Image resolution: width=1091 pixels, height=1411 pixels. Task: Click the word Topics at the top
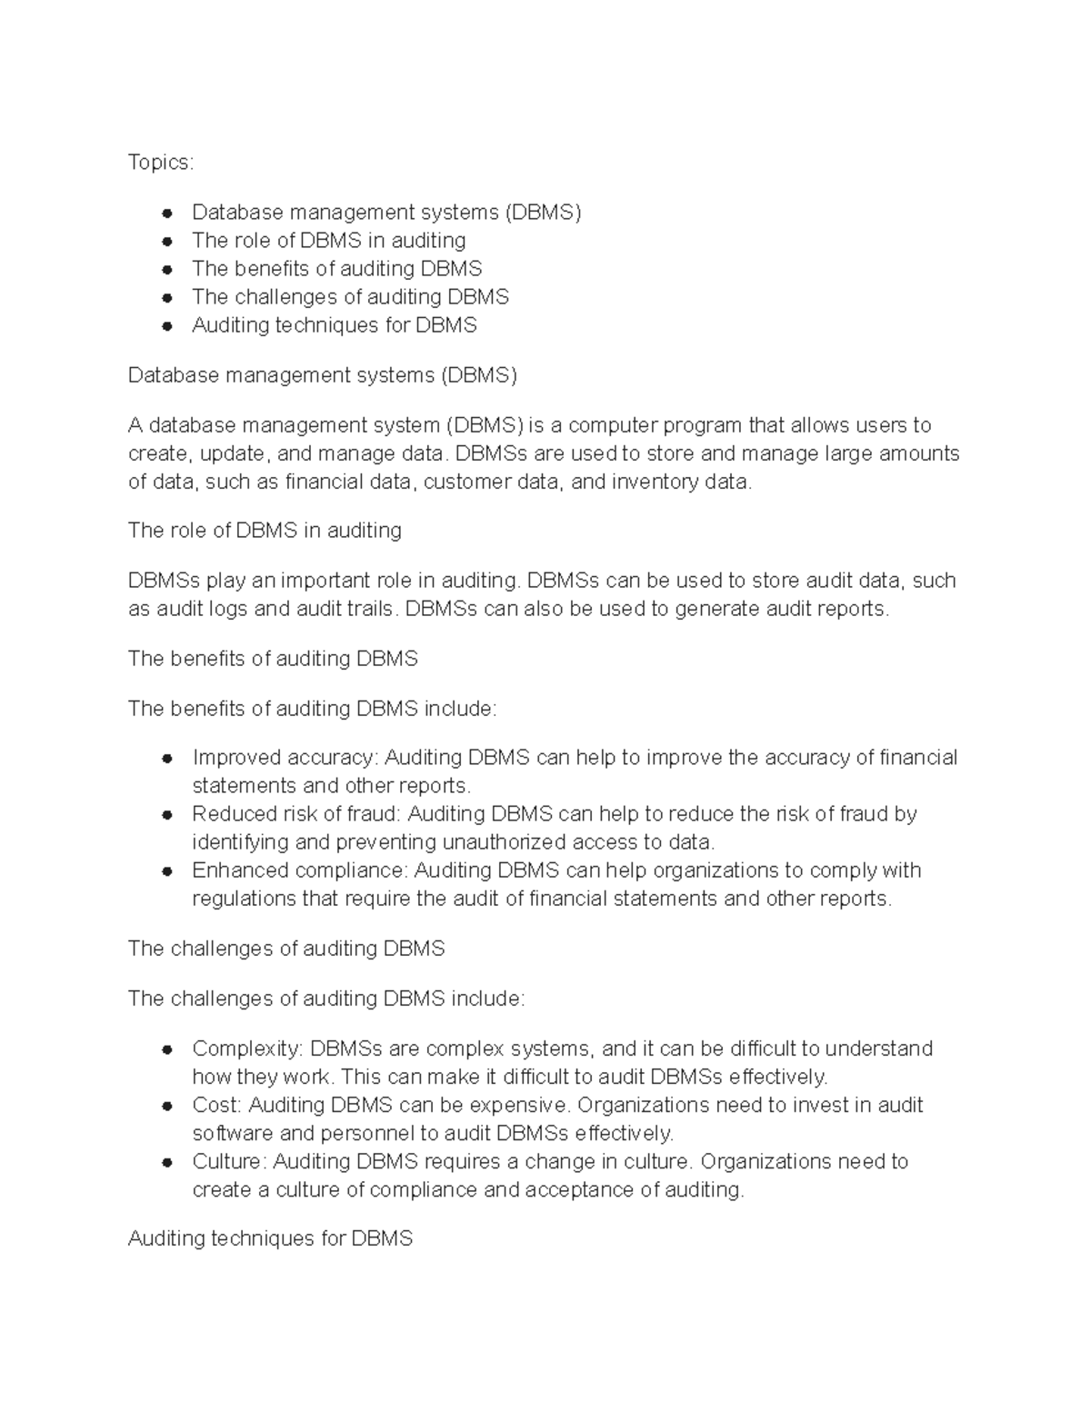tap(159, 163)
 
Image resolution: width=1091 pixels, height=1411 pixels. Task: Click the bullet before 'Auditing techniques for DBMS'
tap(167, 326)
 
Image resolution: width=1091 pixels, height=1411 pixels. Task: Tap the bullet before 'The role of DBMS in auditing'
tap(167, 242)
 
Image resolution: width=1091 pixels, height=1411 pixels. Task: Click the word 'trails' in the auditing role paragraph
tap(371, 609)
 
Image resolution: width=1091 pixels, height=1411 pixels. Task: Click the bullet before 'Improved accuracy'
tap(167, 759)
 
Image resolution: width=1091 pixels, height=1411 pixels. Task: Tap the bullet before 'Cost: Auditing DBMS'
tap(167, 1107)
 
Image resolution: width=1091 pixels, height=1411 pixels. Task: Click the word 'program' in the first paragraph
tap(701, 425)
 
